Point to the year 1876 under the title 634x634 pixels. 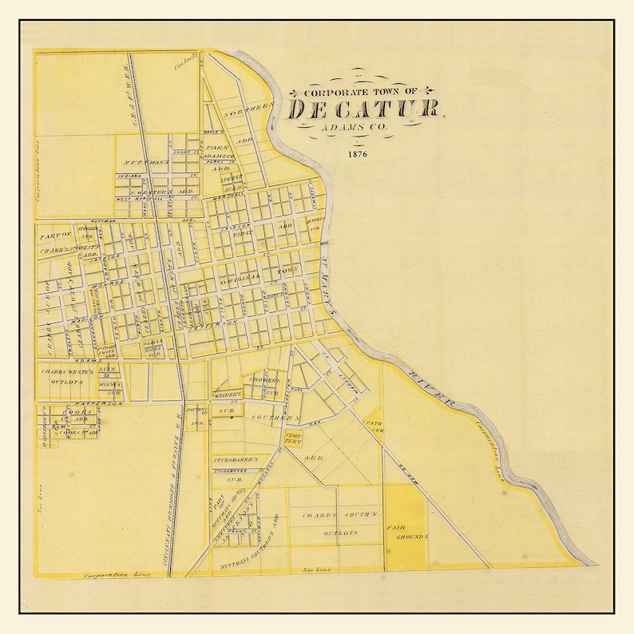[x=357, y=154]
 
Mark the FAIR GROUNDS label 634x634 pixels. [x=406, y=533]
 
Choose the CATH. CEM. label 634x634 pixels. [x=374, y=426]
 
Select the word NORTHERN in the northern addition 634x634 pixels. [x=250, y=113]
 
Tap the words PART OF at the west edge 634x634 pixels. [x=55, y=234]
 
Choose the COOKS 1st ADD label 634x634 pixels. [x=78, y=414]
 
